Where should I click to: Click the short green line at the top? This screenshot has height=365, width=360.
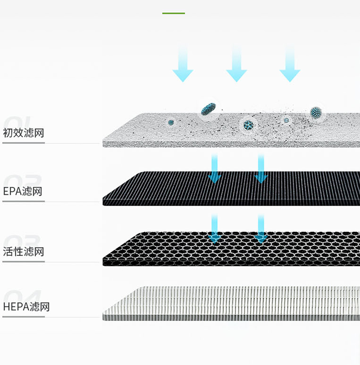coord(174,13)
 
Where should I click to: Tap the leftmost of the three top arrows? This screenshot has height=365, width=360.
coord(183,64)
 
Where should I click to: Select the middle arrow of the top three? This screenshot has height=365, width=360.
coord(237,64)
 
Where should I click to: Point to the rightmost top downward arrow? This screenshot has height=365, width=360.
coord(290,64)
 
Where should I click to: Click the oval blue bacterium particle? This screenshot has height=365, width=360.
coord(208,109)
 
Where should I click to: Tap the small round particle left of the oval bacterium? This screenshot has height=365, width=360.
coord(171,122)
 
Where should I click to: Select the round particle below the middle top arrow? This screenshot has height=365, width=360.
coord(248,124)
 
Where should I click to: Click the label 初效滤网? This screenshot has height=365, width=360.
coord(24,133)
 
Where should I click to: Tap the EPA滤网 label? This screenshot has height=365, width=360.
coord(23,191)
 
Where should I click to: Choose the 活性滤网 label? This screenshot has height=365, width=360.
coord(24,252)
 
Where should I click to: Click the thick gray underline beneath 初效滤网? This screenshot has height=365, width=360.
coord(24,143)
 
